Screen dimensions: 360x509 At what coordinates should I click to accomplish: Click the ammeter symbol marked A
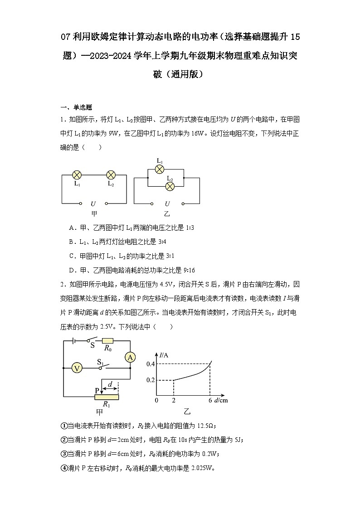[x=130, y=358]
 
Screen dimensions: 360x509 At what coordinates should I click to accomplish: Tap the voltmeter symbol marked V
[x=78, y=368]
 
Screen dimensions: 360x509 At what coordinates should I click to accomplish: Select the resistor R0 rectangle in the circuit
[x=107, y=341]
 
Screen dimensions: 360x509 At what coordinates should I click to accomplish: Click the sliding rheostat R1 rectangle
[x=106, y=397]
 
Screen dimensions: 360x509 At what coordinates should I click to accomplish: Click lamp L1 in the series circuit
[x=78, y=175]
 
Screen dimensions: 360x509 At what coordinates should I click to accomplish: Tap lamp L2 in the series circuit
[x=111, y=175]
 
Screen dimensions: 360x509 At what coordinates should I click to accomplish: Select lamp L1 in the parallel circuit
[x=159, y=169]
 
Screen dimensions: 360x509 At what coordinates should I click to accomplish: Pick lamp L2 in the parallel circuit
[x=170, y=186]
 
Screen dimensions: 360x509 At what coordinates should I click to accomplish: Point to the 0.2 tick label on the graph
[x=151, y=380]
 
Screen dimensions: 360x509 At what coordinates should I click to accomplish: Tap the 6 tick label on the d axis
[x=210, y=401]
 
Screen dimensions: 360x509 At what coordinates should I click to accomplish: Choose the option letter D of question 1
[x=72, y=270]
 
